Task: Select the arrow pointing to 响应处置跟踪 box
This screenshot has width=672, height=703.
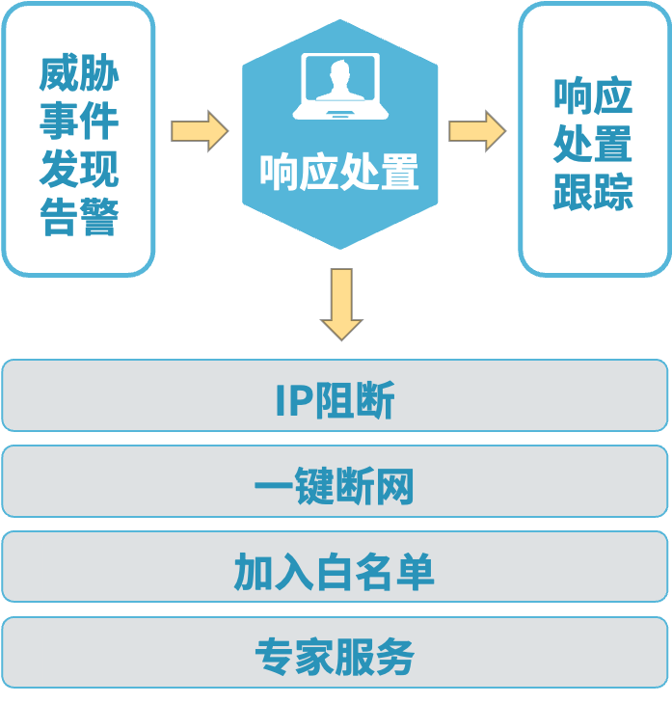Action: pos(476,130)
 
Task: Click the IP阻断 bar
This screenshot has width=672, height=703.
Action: pos(336,395)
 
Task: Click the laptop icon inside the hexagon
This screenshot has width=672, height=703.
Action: pos(340,87)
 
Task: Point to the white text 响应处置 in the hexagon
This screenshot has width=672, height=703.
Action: pos(339,173)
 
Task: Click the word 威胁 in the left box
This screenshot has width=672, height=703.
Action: pos(79,74)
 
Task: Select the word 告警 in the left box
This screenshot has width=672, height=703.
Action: pos(79,218)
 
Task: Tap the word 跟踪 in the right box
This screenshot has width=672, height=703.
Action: pos(593,192)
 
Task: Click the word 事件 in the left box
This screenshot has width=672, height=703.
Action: pos(79,122)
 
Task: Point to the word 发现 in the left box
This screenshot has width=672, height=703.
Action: pos(79,170)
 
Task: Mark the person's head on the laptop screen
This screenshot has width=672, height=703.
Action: pos(340,72)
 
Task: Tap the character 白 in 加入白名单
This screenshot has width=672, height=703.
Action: pos(335,573)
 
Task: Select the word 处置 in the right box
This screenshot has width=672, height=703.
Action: pos(593,144)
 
